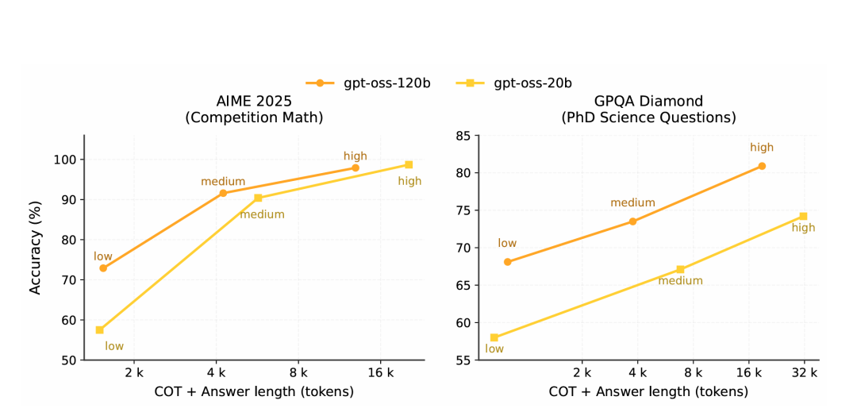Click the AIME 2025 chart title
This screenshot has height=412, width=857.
click(x=254, y=110)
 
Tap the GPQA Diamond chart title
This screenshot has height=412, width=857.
click(x=648, y=110)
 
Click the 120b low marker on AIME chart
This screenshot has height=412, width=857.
click(x=103, y=268)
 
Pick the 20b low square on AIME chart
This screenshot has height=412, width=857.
click(x=99, y=330)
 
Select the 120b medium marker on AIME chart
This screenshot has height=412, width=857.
click(x=223, y=193)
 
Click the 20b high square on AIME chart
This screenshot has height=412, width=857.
click(x=409, y=164)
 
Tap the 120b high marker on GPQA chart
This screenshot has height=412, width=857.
click(x=762, y=166)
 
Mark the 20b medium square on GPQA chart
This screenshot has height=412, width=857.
click(x=680, y=269)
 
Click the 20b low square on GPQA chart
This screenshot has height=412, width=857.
click(x=494, y=337)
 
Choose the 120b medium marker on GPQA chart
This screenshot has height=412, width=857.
click(x=632, y=221)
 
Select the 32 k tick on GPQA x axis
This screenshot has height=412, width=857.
click(x=804, y=372)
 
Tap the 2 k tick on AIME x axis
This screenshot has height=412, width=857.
click(x=134, y=372)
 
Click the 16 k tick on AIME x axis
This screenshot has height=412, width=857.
click(x=381, y=372)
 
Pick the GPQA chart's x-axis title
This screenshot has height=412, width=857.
click(x=648, y=391)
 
